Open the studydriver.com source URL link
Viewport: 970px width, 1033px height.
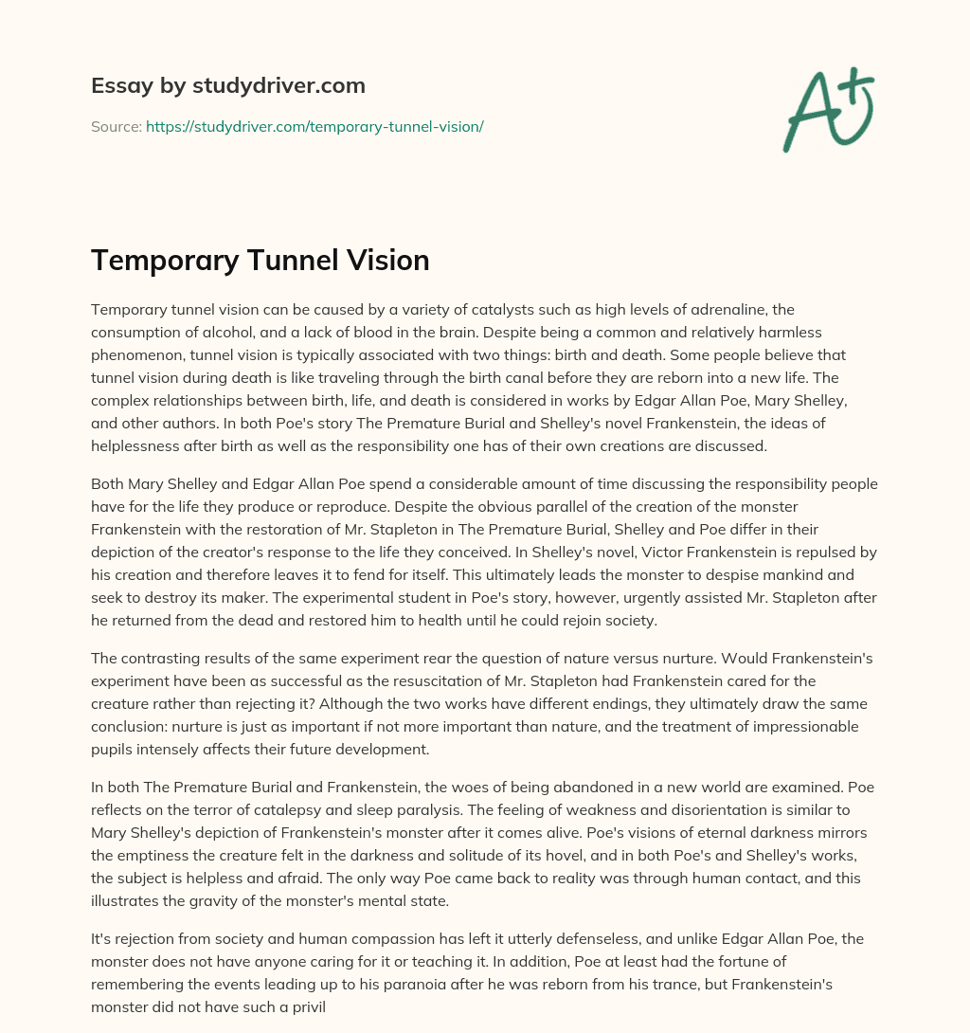314,126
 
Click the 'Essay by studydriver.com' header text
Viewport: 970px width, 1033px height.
228,85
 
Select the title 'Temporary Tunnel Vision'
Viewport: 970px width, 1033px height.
260,260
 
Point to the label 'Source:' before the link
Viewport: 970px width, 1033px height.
116,126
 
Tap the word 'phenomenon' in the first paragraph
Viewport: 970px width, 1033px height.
138,354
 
